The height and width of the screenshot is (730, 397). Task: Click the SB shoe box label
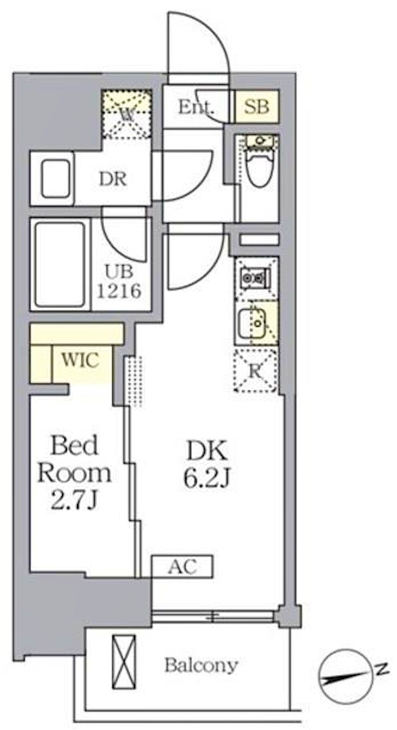(257, 107)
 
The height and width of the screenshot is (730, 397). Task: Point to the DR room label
(113, 179)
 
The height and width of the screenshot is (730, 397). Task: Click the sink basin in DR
(56, 179)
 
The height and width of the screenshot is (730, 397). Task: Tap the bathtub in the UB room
(60, 265)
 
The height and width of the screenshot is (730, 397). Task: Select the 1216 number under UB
(120, 290)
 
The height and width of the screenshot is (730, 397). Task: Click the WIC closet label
(80, 360)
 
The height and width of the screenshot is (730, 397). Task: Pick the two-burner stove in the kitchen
(257, 278)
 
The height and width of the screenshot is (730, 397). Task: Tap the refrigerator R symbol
(256, 371)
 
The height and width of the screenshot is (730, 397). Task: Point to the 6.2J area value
(207, 478)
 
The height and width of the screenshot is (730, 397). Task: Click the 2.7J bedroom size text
(74, 500)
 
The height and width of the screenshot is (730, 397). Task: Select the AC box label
(182, 566)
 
